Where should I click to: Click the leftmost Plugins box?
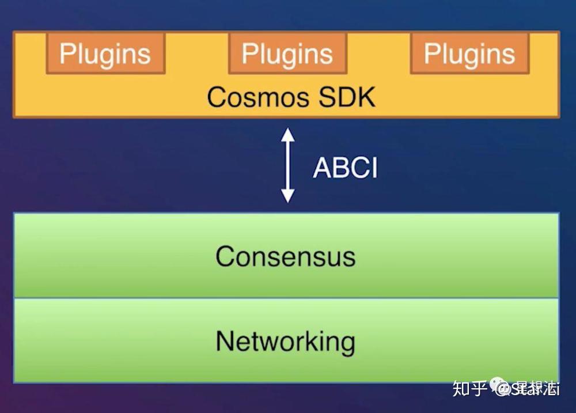click(105, 54)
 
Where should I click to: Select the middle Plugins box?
click(287, 54)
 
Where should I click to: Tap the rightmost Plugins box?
click(469, 54)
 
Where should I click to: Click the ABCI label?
click(345, 168)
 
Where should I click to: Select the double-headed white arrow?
click(287, 166)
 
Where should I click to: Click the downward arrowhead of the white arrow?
click(287, 196)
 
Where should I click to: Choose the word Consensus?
click(286, 256)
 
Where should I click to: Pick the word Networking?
click(286, 342)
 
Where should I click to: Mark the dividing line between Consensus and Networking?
click(286, 298)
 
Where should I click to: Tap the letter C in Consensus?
click(225, 256)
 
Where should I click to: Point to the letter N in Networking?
click(225, 341)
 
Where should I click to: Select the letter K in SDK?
click(366, 97)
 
